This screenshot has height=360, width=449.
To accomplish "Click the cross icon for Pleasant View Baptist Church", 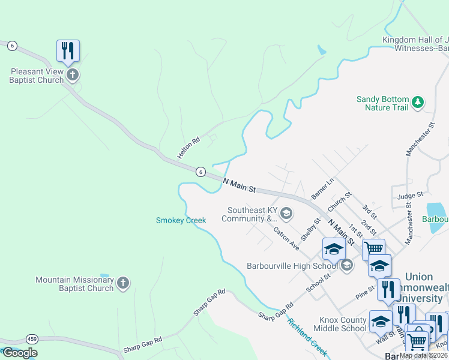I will (x=72, y=75).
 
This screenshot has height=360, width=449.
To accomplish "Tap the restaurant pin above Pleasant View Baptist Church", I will (x=68, y=51).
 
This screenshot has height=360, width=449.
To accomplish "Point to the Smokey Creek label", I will (x=181, y=220).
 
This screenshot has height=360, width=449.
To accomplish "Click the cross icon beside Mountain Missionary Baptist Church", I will (x=123, y=283).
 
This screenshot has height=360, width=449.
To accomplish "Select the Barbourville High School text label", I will (x=292, y=266).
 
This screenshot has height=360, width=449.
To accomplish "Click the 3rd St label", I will (x=369, y=211).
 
